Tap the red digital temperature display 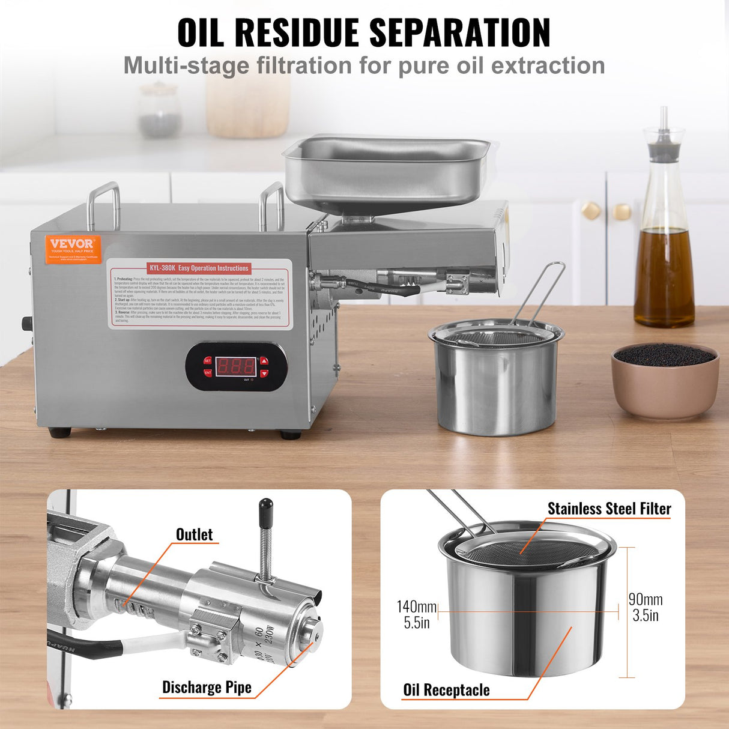(235, 365)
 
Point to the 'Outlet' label (194, 534)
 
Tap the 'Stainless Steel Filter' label (609, 509)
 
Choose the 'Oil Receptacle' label (446, 690)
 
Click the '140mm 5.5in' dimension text (416, 614)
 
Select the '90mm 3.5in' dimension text (646, 607)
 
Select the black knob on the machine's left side (26, 323)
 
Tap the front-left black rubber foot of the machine (59, 432)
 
